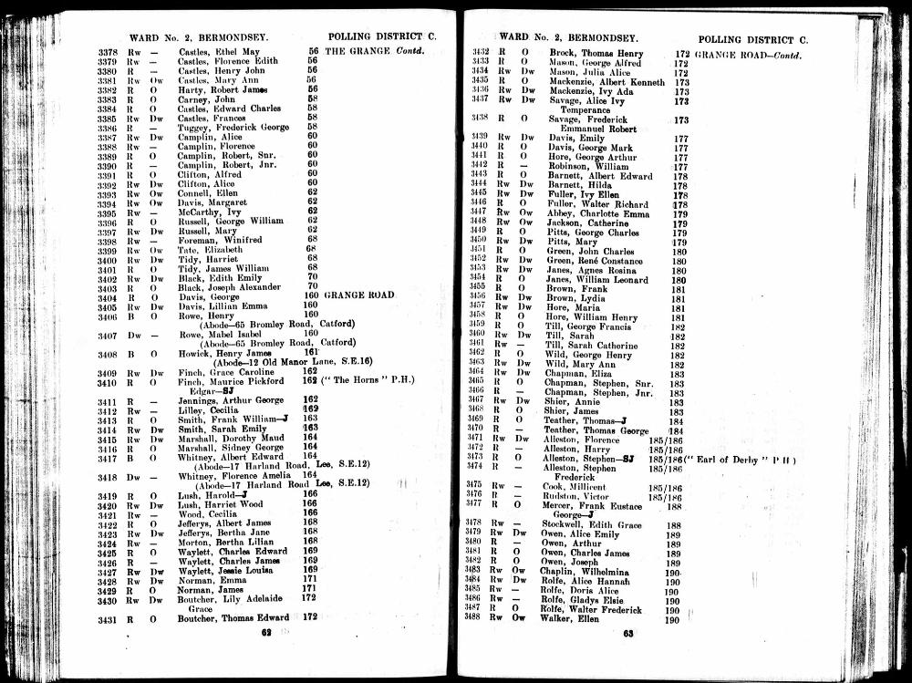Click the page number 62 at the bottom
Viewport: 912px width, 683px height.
coord(267,631)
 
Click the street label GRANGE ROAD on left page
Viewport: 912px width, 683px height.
coord(359,295)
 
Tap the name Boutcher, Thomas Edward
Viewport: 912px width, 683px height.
coord(232,618)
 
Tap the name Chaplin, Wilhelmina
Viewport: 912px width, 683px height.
coord(584,571)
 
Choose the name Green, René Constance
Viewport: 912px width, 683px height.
coord(594,261)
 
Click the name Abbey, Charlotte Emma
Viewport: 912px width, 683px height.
coord(592,212)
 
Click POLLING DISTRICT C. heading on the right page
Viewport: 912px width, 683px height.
coord(752,40)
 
